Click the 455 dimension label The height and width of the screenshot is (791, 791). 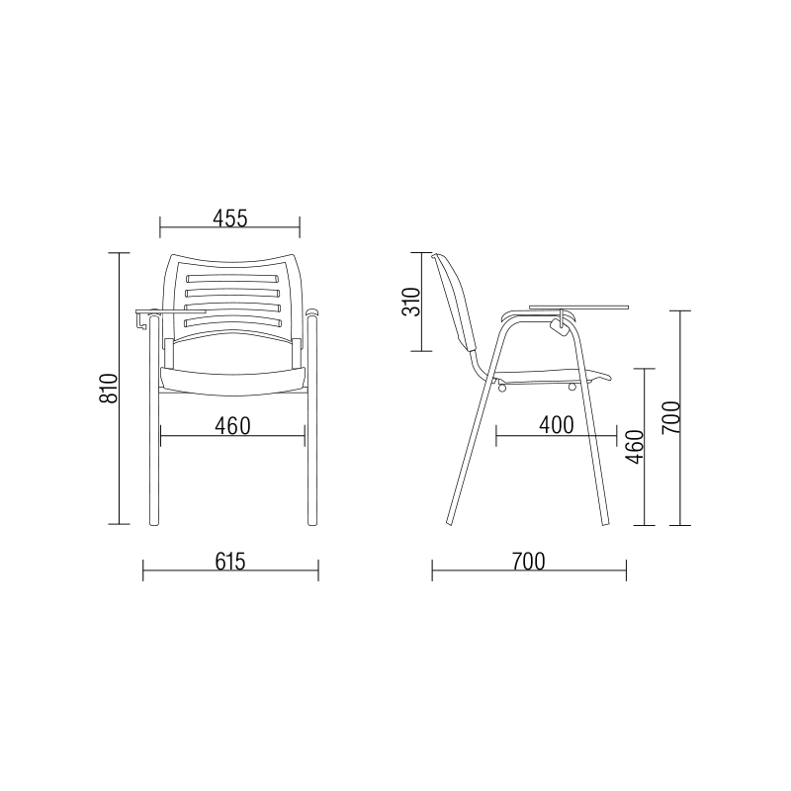tap(230, 219)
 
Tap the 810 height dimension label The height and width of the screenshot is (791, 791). tap(108, 389)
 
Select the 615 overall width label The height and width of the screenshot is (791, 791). tap(230, 562)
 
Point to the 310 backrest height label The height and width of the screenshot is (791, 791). tap(410, 302)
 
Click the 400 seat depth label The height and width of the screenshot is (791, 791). tap(557, 425)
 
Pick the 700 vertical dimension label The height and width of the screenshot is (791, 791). tap(671, 417)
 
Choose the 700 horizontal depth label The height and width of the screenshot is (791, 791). tap(529, 562)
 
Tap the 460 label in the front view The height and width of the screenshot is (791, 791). tap(232, 426)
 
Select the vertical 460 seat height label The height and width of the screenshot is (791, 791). tap(635, 447)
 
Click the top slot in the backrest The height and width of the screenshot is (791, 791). tap(232, 279)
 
